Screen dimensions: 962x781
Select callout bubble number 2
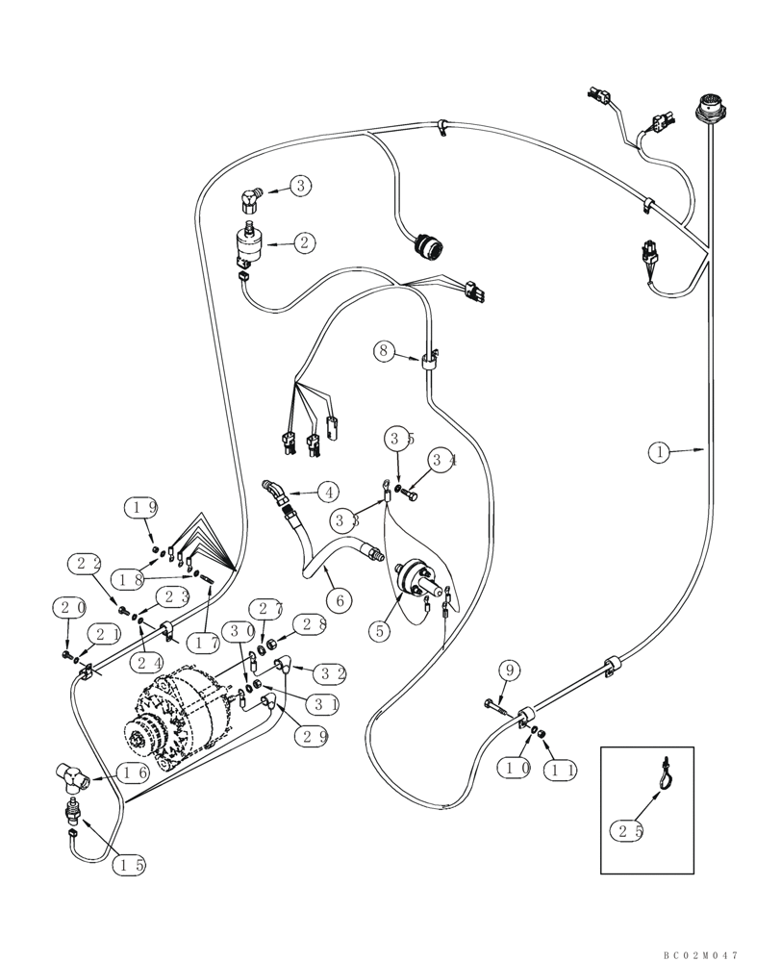pyautogui.click(x=304, y=242)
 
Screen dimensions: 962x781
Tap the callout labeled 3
pyautogui.click(x=301, y=186)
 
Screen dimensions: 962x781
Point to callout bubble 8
pyautogui.click(x=386, y=351)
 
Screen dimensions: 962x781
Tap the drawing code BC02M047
pyautogui.click(x=699, y=954)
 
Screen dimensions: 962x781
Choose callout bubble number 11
pyautogui.click(x=559, y=768)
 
